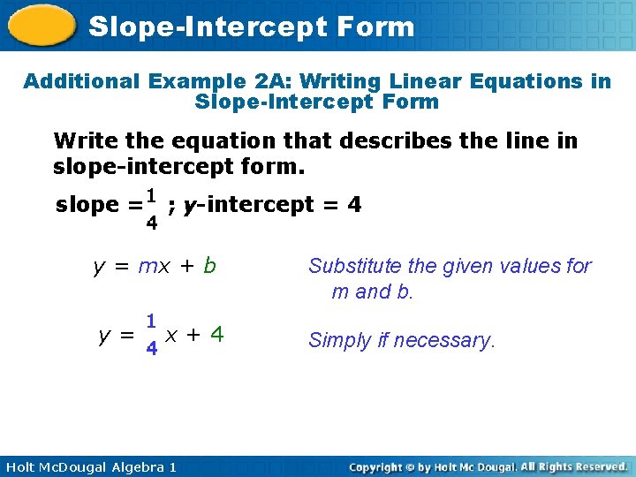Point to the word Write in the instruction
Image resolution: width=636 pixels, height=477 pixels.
click(x=81, y=140)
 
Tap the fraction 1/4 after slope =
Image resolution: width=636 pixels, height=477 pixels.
click(x=152, y=208)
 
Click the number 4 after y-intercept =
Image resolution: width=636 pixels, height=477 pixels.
click(x=354, y=205)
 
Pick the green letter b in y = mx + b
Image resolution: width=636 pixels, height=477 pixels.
click(x=208, y=266)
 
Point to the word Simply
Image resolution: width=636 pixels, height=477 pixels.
click(x=337, y=340)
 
